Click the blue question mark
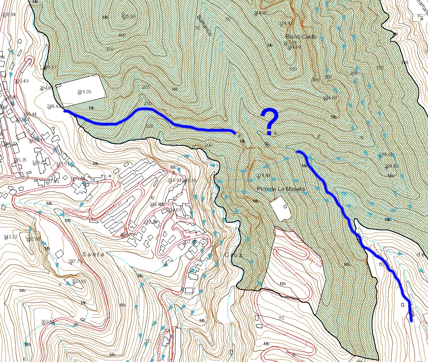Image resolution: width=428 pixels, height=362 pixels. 270,121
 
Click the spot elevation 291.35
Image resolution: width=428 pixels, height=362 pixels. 84,91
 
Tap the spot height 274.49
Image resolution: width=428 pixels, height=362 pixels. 263,175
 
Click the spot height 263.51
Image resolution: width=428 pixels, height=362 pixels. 48,321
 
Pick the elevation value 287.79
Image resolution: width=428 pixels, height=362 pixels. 75,261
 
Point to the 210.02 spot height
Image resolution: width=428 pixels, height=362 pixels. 386,154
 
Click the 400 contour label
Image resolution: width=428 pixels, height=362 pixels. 122,35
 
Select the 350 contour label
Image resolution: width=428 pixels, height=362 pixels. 293,69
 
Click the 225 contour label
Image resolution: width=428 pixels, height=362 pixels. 150,126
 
